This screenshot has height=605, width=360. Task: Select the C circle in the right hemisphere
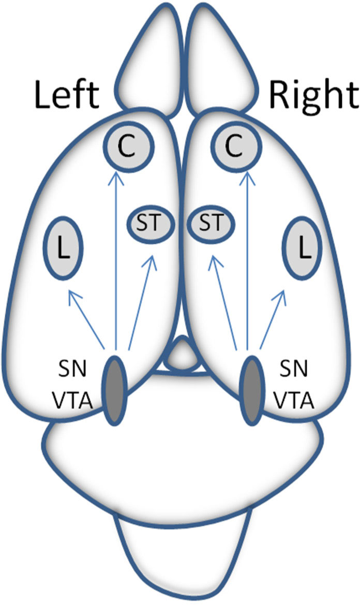tap(235, 147)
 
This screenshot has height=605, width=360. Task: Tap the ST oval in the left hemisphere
tap(152, 224)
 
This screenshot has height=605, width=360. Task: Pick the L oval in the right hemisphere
tap(304, 250)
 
